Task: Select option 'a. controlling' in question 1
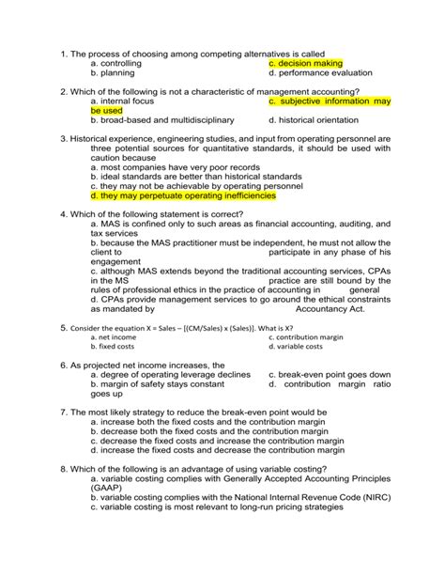click(123, 62)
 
